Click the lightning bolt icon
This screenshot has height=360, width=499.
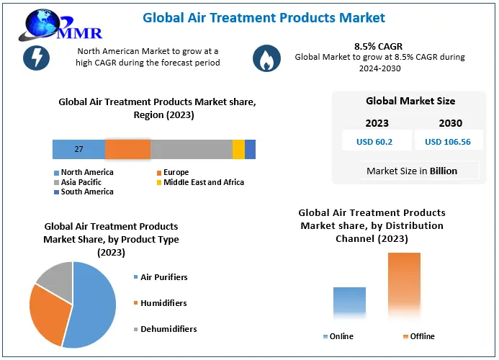point(36,58)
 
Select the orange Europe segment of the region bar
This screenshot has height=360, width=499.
point(127,149)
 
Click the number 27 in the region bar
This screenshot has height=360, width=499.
point(79,150)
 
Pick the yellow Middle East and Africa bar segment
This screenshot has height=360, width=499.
point(238,149)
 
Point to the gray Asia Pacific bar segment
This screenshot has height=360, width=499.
point(191,149)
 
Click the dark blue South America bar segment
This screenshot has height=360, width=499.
point(251,149)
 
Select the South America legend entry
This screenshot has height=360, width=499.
point(86,192)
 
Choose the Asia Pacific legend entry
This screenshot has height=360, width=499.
point(81,182)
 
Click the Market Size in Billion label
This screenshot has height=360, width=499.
point(411,171)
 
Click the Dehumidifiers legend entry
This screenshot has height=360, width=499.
point(168,329)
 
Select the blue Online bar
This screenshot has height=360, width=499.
point(349,302)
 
